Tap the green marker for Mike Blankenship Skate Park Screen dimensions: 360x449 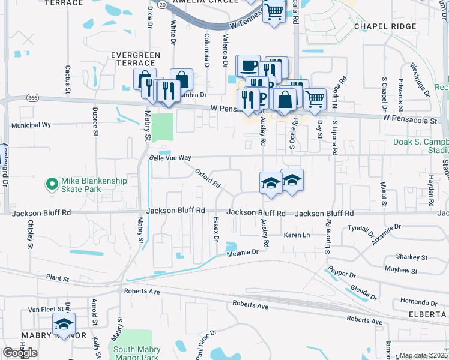(52, 181)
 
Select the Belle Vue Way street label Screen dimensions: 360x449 (170, 157)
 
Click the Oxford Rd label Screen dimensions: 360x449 (208, 177)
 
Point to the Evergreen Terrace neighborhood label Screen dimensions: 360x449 (136, 59)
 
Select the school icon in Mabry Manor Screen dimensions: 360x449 (62, 324)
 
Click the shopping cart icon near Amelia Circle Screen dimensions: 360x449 (274, 11)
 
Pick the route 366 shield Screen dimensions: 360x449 (33, 97)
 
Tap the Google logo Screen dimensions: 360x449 (20, 353)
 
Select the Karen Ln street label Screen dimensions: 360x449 (297, 235)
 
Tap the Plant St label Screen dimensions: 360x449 (58, 278)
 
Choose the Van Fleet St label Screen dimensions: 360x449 (46, 310)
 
